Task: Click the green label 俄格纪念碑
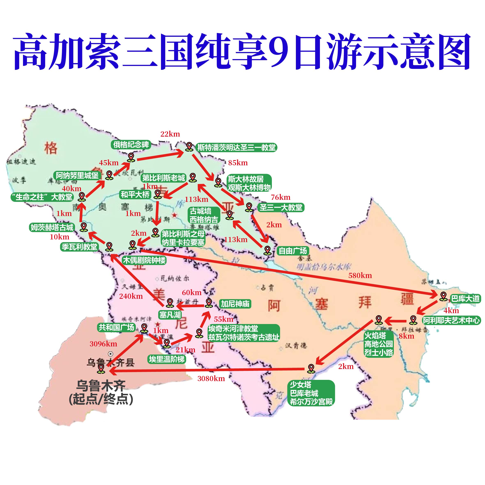point(131,145)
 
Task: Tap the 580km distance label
point(360,276)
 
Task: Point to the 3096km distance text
point(103,344)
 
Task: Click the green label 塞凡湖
point(170,315)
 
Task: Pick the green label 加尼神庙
point(235,304)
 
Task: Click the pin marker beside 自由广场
point(268,250)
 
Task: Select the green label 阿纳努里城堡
point(77,175)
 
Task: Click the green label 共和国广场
point(116,327)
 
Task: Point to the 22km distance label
point(170,134)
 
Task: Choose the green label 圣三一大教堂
point(281,207)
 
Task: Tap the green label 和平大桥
point(135,194)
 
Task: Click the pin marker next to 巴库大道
point(443,296)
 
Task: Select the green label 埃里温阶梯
point(167,359)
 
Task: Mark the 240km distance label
point(131,296)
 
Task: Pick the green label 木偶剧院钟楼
point(144,260)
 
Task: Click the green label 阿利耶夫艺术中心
point(451,320)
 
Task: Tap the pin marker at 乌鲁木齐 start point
point(101,369)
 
